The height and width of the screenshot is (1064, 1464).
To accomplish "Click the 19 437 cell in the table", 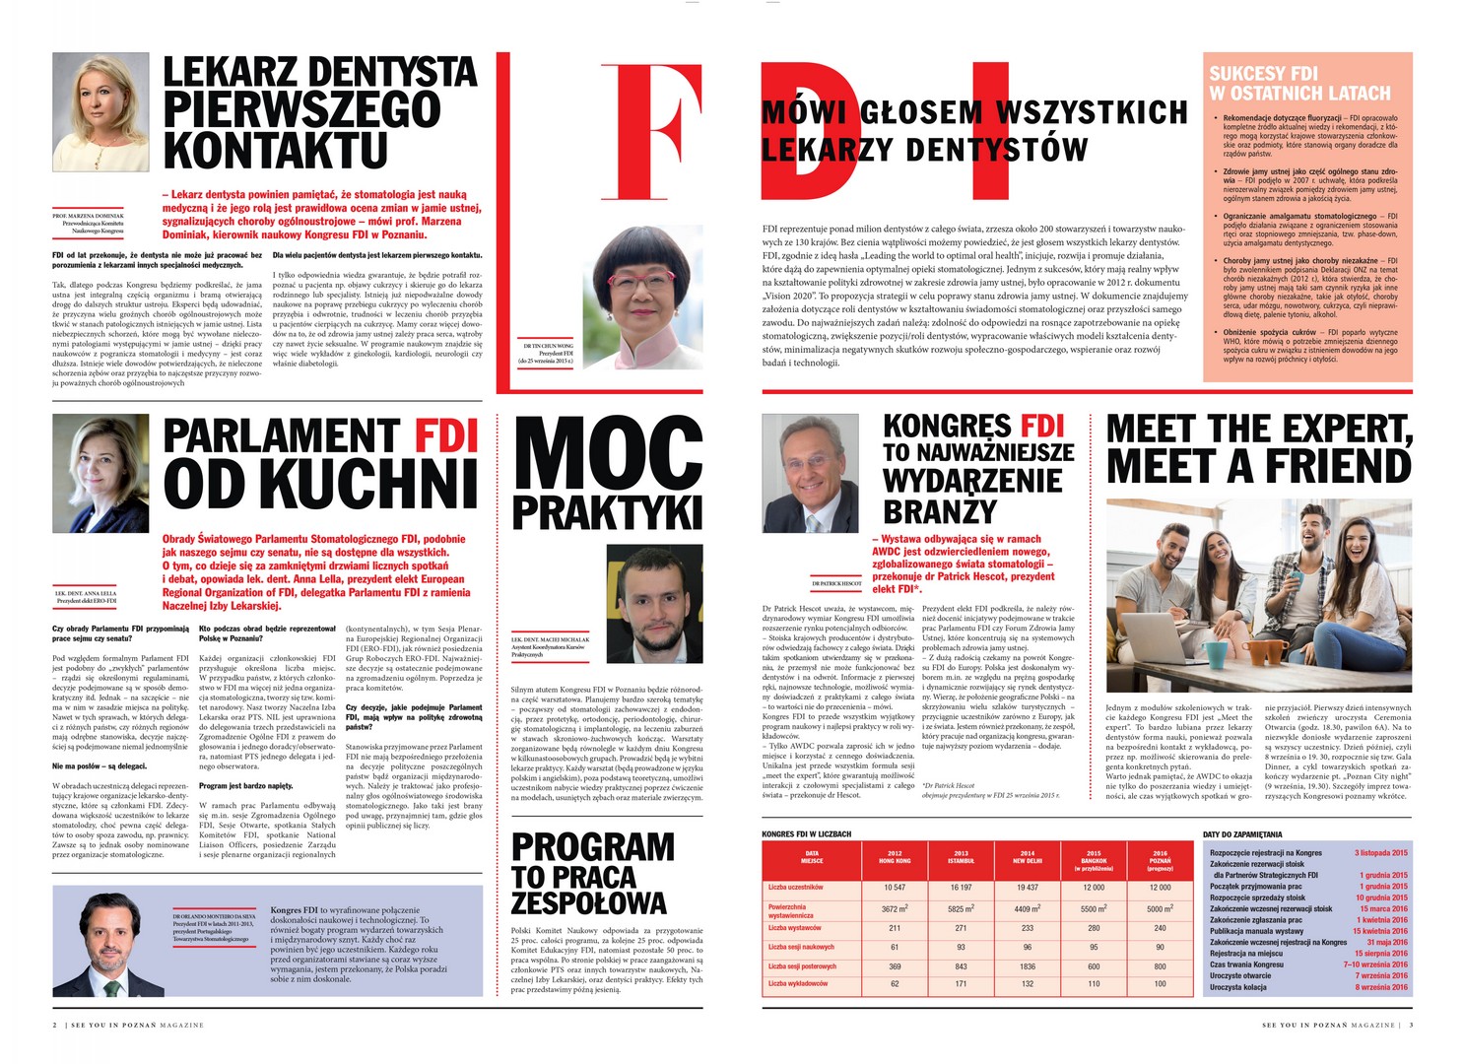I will [x=1028, y=887].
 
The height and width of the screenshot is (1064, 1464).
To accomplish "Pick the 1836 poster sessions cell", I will [x=1028, y=966].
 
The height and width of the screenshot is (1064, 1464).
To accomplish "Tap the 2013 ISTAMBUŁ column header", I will [x=961, y=857].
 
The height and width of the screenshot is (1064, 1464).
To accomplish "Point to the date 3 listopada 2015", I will [x=1381, y=853].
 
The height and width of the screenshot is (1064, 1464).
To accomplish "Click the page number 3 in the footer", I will [x=1411, y=1026].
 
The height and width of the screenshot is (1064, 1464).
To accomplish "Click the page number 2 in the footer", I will [x=55, y=1026].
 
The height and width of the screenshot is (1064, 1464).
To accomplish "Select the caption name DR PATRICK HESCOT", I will [x=836, y=583].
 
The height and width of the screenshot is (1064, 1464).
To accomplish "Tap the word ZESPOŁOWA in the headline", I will [x=589, y=902].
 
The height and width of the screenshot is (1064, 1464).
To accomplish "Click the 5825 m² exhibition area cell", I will [x=961, y=909].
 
